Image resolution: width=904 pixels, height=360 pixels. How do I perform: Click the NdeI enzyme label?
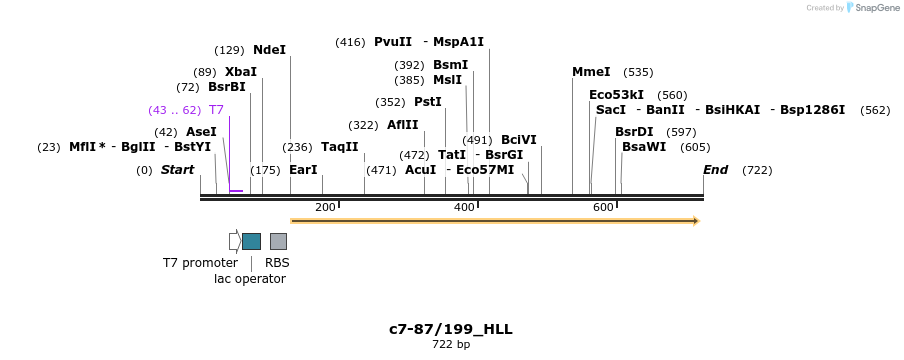pyautogui.click(x=269, y=50)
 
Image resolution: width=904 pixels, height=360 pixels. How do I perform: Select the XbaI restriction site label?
pyautogui.click(x=241, y=72)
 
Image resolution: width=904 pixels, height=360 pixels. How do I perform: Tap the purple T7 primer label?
pyautogui.click(x=216, y=110)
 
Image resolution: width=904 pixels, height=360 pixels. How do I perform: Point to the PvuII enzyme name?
pyautogui.click(x=393, y=42)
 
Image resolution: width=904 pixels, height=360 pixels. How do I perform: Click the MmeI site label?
pyautogui.click(x=591, y=72)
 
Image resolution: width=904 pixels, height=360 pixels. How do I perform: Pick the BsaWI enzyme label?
pyautogui.click(x=644, y=147)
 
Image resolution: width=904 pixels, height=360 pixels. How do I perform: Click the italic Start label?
pyautogui.click(x=177, y=170)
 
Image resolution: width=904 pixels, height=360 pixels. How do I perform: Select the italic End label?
pyautogui.click(x=716, y=170)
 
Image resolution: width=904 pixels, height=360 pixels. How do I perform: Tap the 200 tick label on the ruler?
pyautogui.click(x=325, y=207)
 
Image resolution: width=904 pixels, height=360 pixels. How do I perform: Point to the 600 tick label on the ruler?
pyautogui.click(x=603, y=207)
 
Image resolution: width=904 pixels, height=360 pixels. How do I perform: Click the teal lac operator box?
pyautogui.click(x=251, y=241)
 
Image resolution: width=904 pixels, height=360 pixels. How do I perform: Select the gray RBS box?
pyautogui.click(x=278, y=241)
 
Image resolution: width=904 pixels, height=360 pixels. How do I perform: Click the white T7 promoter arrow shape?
pyautogui.click(x=234, y=241)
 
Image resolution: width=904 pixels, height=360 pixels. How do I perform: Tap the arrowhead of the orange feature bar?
pyautogui.click(x=696, y=221)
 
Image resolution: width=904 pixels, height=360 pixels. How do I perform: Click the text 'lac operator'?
pyautogui.click(x=250, y=279)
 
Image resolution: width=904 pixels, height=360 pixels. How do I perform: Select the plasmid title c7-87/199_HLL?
pyautogui.click(x=451, y=329)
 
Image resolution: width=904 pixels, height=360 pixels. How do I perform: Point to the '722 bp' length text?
pyautogui.click(x=451, y=345)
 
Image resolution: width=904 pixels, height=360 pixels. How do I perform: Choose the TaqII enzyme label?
pyautogui.click(x=340, y=147)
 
